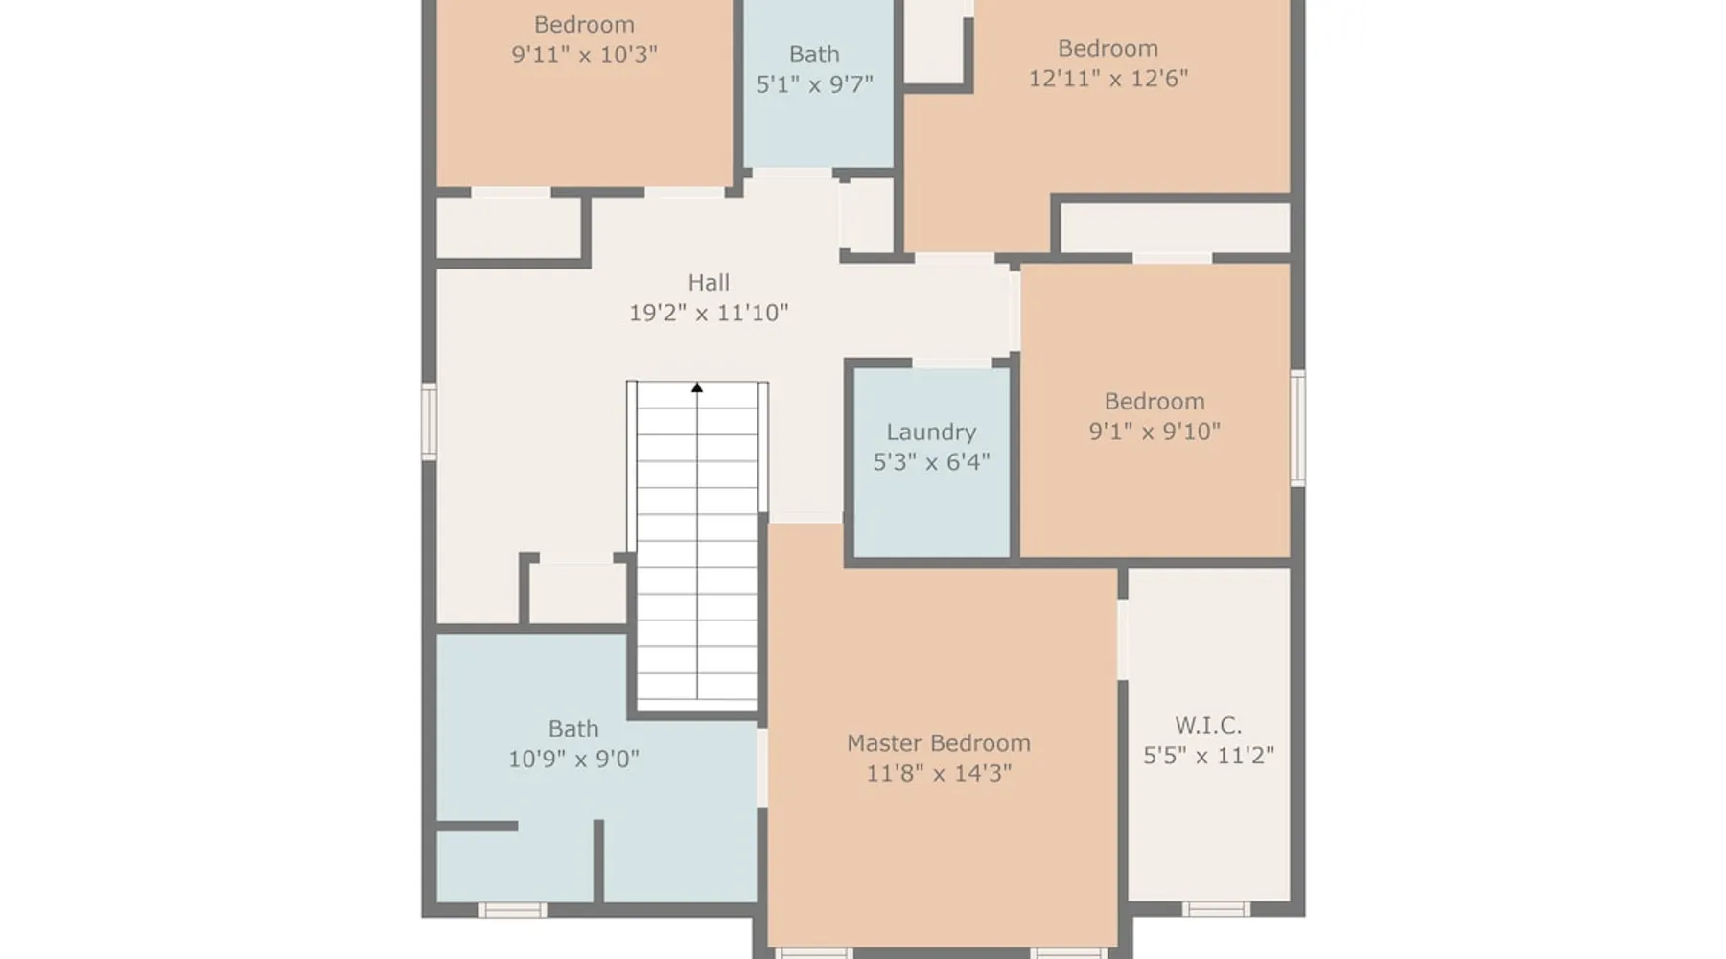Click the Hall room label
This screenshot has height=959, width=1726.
point(709,283)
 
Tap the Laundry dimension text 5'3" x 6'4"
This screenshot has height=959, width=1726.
point(931,462)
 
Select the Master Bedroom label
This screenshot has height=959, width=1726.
point(939,743)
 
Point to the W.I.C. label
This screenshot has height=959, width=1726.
point(1208,726)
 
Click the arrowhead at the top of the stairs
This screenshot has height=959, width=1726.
point(697,387)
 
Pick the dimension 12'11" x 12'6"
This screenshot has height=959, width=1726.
point(1108,79)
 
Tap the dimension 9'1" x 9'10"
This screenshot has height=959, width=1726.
point(1155,432)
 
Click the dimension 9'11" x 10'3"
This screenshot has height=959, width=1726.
point(584,55)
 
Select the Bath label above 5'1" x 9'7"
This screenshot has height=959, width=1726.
point(814,55)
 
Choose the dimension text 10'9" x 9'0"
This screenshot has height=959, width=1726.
point(573,760)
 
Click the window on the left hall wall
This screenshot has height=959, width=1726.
point(429,422)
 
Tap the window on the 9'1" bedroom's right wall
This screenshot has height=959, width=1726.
point(1297,428)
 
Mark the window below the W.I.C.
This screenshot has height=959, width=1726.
point(1216,909)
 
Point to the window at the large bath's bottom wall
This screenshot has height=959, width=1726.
point(512,909)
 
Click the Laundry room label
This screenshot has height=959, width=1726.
point(931,433)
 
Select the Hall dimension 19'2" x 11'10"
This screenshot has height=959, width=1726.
point(709,313)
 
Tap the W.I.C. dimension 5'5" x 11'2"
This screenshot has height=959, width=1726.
point(1208,756)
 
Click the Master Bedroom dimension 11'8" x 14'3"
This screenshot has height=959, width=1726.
point(939,773)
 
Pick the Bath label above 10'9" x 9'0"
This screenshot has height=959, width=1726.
point(573,730)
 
